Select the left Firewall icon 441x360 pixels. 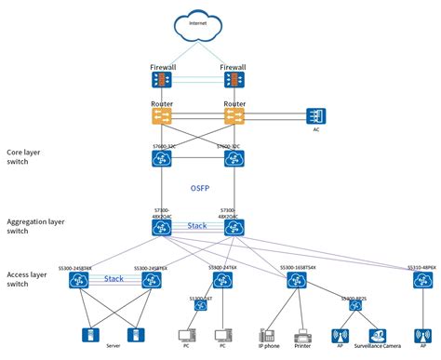162,82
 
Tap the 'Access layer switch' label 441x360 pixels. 30,280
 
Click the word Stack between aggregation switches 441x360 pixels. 196,225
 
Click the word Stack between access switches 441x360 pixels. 114,278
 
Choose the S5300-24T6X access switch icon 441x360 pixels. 220,281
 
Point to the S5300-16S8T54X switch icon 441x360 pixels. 297,281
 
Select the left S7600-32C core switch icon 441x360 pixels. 162,159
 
